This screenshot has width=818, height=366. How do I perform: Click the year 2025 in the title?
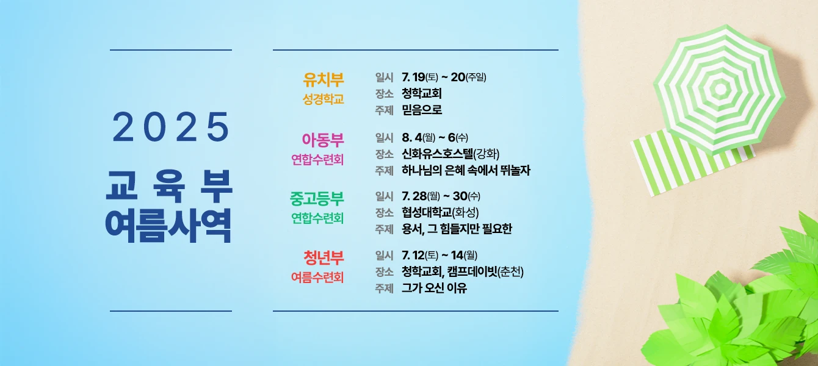click(x=171, y=127)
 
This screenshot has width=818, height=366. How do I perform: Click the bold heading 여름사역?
click(x=168, y=226)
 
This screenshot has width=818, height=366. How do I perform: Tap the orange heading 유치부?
click(x=324, y=79)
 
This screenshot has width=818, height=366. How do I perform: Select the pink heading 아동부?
click(x=323, y=140)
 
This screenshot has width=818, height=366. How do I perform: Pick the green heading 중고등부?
click(x=317, y=198)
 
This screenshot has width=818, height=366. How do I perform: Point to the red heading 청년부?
click(x=324, y=257)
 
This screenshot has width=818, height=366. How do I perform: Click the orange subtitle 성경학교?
click(x=323, y=99)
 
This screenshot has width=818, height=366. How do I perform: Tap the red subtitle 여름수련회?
click(x=317, y=278)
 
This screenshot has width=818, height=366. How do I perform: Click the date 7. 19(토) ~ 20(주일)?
click(x=444, y=77)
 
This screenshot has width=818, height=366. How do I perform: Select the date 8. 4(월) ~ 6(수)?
click(x=435, y=138)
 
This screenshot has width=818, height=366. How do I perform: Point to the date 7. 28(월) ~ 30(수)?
click(x=441, y=196)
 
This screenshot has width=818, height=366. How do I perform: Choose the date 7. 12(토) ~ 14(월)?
click(x=440, y=255)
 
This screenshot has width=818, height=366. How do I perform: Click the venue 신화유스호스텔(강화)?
click(x=451, y=154)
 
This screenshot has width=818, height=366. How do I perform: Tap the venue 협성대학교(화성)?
click(x=440, y=212)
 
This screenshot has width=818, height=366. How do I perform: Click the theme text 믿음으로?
click(x=422, y=109)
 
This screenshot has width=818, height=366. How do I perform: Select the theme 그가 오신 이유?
click(x=434, y=289)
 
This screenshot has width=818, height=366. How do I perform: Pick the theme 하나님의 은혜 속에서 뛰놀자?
click(x=466, y=170)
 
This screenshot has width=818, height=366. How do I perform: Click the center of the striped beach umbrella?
click(x=720, y=88)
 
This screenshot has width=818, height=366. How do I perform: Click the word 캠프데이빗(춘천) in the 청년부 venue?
click(x=485, y=271)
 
